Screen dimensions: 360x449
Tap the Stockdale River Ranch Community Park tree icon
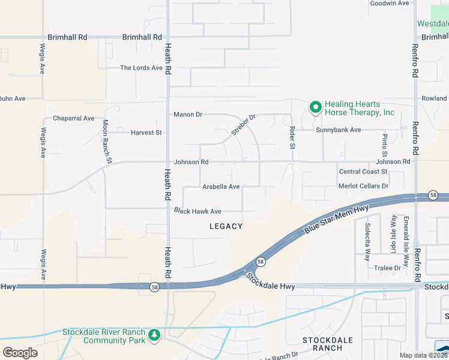154,334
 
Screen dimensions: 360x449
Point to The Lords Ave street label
141,68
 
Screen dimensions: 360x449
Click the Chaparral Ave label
74,118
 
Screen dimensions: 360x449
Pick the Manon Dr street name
188,114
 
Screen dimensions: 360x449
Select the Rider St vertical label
292,137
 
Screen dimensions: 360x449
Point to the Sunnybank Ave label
339,130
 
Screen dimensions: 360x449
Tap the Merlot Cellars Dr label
364,186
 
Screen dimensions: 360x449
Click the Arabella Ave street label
221,187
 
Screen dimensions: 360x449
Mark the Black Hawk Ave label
197,211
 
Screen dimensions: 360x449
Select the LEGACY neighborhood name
226,226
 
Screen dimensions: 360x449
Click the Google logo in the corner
20,352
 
